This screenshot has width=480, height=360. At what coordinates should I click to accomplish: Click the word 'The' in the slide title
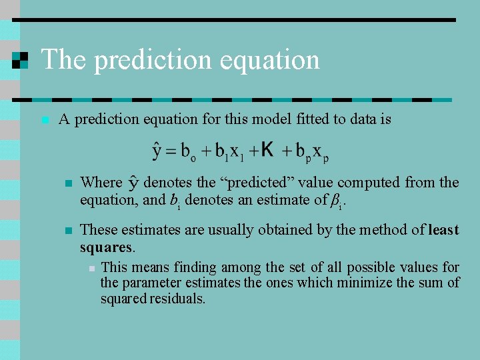64,60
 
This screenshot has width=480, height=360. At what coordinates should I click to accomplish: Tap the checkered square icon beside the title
21,60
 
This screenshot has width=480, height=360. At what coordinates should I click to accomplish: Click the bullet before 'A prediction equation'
44,121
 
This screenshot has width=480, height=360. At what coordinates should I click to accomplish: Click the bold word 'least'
443,230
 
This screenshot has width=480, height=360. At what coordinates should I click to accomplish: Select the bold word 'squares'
106,247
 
